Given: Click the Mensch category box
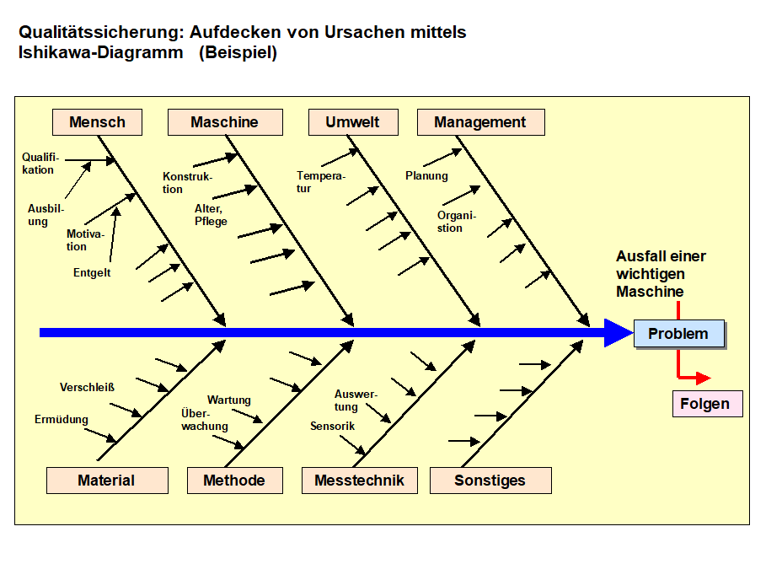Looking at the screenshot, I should pyautogui.click(x=97, y=122).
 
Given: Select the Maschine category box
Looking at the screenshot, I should pyautogui.click(x=224, y=122).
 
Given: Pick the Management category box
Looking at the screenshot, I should pyautogui.click(x=480, y=122).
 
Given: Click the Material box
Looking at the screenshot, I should pyautogui.click(x=106, y=481).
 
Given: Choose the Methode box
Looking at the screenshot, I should pyautogui.click(x=234, y=481).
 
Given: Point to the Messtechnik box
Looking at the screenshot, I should pyautogui.click(x=359, y=481).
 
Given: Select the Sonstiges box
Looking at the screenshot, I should pyautogui.click(x=490, y=481).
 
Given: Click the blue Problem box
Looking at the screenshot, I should pyautogui.click(x=678, y=334).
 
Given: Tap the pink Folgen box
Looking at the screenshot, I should pyautogui.click(x=705, y=404).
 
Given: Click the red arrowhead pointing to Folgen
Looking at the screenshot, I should pyautogui.click(x=703, y=379).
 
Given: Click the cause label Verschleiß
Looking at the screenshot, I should pyautogui.click(x=87, y=388).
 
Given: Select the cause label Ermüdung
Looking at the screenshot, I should pyautogui.click(x=61, y=419).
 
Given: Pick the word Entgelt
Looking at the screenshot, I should pyautogui.click(x=92, y=272).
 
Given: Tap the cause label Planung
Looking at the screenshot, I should pyautogui.click(x=426, y=176).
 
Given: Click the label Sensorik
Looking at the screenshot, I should pyautogui.click(x=332, y=426).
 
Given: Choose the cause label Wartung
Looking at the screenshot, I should pyautogui.click(x=229, y=400).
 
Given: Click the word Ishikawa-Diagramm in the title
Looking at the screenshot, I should pyautogui.click(x=100, y=53).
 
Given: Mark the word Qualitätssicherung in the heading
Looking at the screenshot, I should pyautogui.click(x=98, y=33).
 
